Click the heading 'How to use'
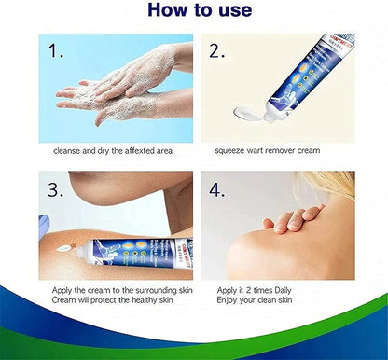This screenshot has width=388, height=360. coord(193,11)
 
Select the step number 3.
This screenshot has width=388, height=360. coord(57,190)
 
